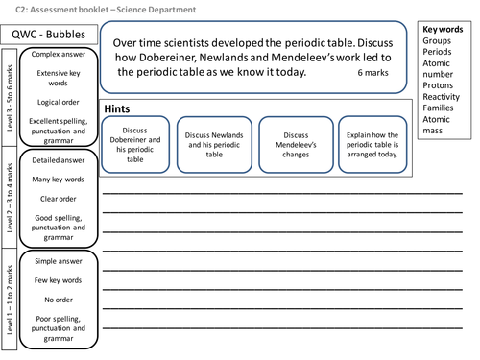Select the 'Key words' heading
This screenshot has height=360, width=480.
pos(443,30)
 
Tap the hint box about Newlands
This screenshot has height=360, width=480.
pos(216,144)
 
